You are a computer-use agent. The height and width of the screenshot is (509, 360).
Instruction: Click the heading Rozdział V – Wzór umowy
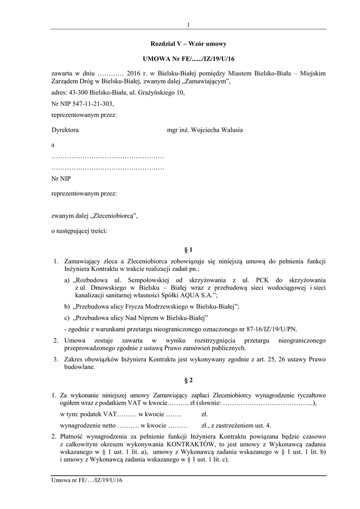tap(188, 44)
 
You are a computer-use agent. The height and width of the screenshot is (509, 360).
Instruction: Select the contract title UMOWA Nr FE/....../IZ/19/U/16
tap(188, 59)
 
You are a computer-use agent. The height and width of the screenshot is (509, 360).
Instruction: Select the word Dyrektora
tap(65, 130)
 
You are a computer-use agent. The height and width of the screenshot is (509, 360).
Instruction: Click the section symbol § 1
tap(188, 249)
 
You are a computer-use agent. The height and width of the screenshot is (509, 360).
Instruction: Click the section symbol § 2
tap(188, 381)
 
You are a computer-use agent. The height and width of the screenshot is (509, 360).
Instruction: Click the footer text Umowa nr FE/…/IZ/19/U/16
tap(87, 481)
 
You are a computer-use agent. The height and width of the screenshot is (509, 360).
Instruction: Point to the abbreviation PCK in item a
tap(259, 280)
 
